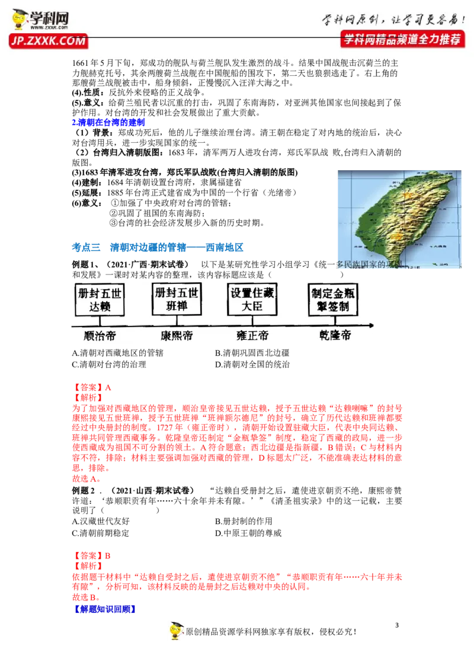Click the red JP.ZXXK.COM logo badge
[x=49, y=41]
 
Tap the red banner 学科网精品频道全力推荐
[x=403, y=39]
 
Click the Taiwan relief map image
[x=399, y=219]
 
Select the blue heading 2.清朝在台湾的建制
[x=108, y=122]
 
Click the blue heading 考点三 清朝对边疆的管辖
[x=158, y=247]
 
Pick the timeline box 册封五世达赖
[x=100, y=299]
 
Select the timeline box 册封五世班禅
[x=177, y=299]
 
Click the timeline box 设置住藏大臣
[x=252, y=299]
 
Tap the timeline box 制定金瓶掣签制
[x=333, y=299]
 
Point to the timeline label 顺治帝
[x=100, y=336]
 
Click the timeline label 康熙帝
[x=177, y=336]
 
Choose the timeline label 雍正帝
[x=252, y=336]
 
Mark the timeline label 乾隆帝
[x=335, y=335]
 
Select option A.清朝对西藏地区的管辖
[x=118, y=353]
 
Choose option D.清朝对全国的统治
[x=252, y=365]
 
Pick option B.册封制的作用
[x=244, y=521]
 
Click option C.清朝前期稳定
[x=101, y=533]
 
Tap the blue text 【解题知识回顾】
[x=105, y=609]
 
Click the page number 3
[x=397, y=625]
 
